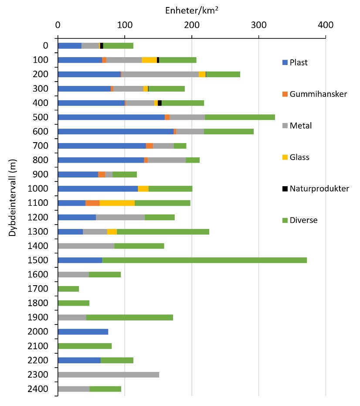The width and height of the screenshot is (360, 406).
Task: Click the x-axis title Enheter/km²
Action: [x=192, y=9]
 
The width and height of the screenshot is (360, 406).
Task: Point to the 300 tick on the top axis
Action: [x=258, y=25]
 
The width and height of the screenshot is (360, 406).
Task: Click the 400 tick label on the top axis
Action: [x=325, y=25]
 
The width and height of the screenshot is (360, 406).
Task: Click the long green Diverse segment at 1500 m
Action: [x=204, y=260]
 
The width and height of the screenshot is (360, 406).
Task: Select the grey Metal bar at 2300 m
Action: [x=109, y=375]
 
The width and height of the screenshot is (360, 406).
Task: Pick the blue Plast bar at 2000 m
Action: [x=83, y=332]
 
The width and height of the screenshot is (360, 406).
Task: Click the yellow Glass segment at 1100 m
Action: [x=117, y=203]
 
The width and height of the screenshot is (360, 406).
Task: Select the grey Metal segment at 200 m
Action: [x=161, y=74]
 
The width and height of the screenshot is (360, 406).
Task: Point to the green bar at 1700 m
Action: [x=68, y=289]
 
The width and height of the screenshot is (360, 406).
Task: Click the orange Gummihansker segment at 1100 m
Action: [x=92, y=203]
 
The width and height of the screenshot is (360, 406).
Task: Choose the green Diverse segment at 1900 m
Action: [x=129, y=317]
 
